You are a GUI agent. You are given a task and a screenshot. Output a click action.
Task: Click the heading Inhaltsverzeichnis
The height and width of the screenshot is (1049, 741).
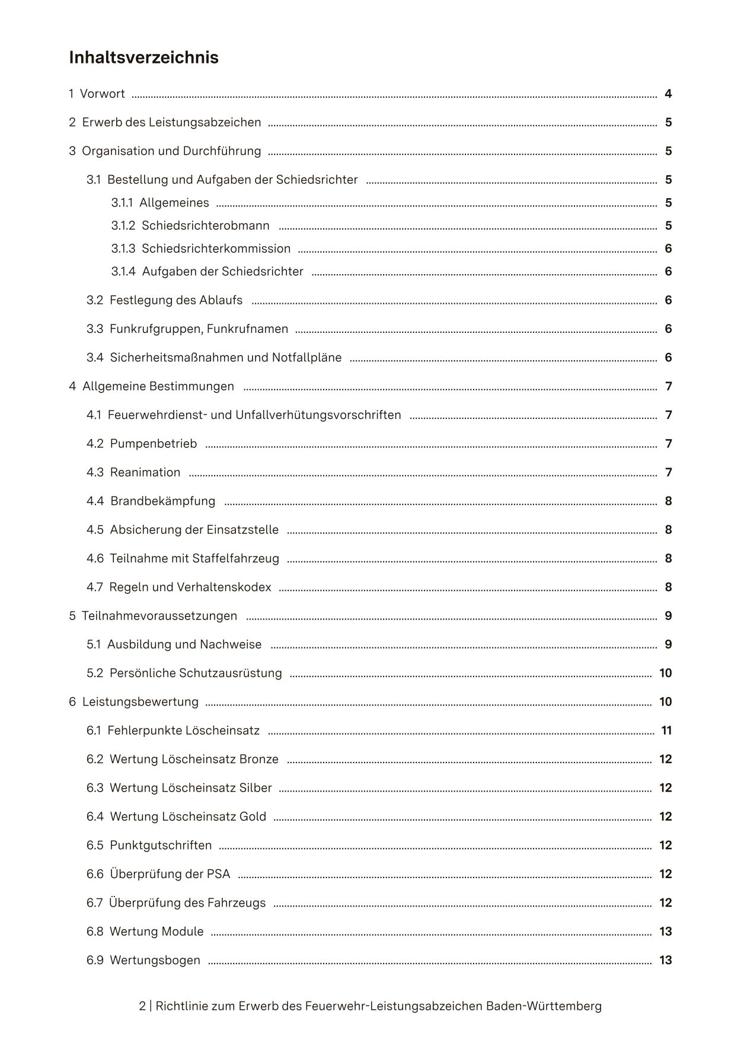tap(143, 58)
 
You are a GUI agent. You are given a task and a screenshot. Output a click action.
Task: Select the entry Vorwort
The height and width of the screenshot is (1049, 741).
tap(102, 94)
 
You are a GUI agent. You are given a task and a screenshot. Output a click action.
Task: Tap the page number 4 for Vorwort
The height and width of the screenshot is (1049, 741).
tap(668, 94)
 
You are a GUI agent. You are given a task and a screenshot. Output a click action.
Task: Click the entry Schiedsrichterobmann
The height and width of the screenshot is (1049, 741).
tap(205, 225)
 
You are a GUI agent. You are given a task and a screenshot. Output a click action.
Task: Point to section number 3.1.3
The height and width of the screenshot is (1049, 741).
tap(123, 249)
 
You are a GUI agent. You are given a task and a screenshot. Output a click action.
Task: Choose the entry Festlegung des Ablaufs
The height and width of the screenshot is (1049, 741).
tap(176, 300)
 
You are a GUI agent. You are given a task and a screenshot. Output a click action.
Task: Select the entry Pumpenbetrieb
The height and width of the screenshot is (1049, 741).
tap(154, 444)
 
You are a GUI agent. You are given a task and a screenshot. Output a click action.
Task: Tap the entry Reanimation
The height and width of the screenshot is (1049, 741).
tap(145, 472)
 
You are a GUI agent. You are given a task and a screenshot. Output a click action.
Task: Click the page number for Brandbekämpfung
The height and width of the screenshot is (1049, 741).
tap(668, 501)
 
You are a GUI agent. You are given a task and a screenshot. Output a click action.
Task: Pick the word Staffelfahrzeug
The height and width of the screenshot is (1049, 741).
tap(235, 558)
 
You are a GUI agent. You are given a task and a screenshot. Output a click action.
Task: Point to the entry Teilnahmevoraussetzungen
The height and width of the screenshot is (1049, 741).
tap(159, 616)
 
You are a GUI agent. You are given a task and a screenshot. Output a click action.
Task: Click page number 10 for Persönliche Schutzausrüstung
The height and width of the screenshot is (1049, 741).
tap(665, 673)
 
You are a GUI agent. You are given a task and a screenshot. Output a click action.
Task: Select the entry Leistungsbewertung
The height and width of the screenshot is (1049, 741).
tap(140, 702)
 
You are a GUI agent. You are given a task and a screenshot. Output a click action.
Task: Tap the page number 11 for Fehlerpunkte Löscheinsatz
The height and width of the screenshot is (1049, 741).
tap(666, 730)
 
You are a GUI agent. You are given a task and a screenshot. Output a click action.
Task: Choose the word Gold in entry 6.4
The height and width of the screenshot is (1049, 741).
tap(253, 817)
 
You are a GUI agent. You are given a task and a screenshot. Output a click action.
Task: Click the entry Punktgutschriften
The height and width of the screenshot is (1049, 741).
tap(161, 845)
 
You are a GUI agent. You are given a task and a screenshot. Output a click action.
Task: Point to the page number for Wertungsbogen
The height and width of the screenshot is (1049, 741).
tap(665, 960)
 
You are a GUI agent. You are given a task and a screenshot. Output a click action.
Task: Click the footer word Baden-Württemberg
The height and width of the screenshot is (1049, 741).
tap(544, 1006)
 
